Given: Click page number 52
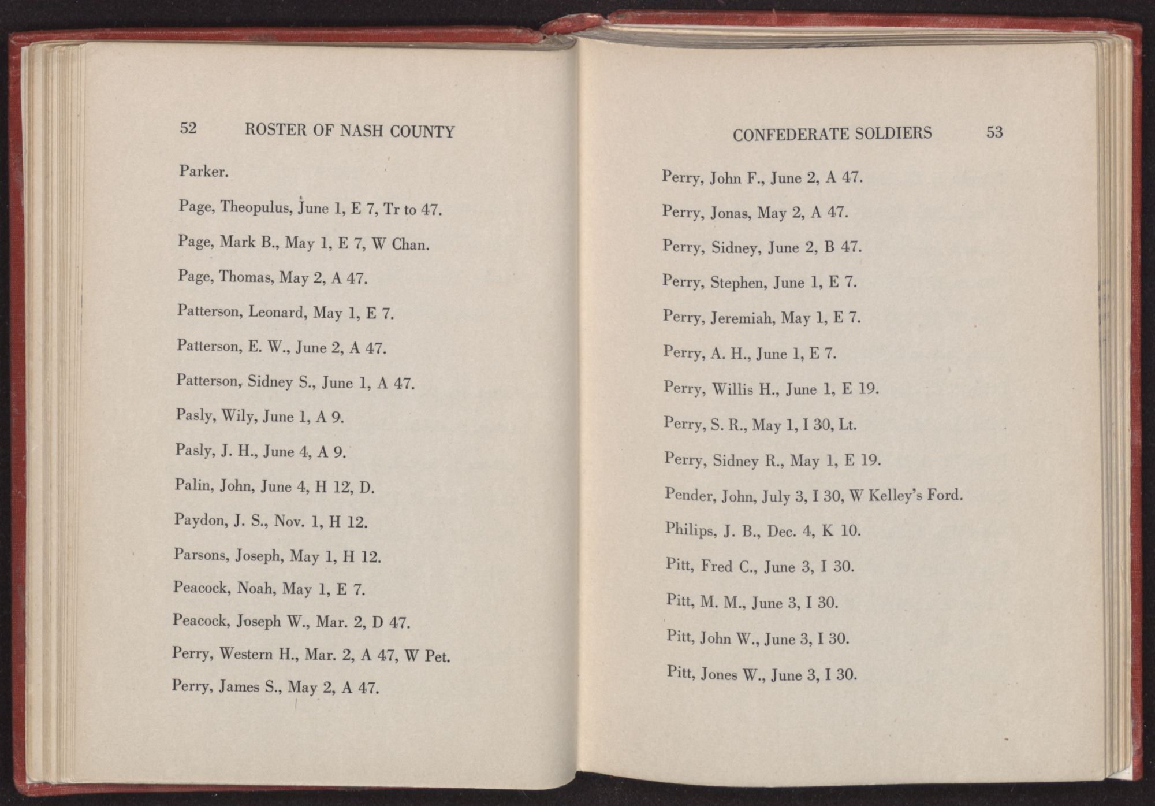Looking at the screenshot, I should pos(188,128).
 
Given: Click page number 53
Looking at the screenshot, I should pos(994,132).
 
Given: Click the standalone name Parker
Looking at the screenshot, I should pos(203,172).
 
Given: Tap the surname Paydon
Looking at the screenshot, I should pos(200,520).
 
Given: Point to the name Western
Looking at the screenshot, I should pos(247,654).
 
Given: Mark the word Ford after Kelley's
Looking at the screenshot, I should pos(944,496).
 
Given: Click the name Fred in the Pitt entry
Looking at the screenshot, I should pos(717,566).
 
